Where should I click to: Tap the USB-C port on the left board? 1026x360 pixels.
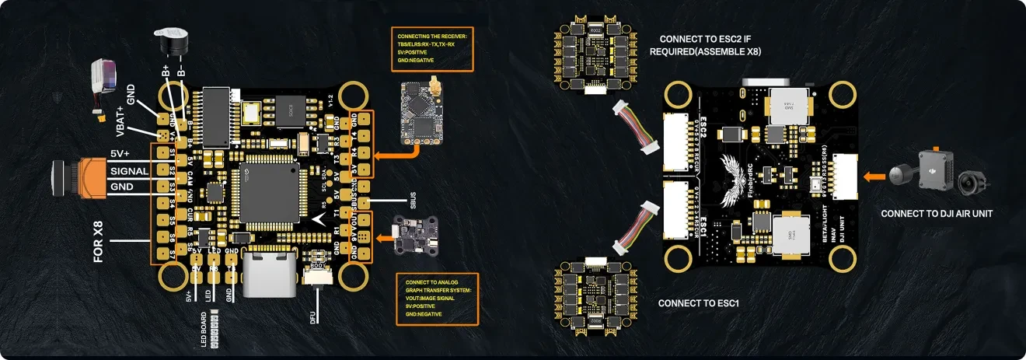tap(269, 274)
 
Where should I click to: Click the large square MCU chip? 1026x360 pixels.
tap(269, 191)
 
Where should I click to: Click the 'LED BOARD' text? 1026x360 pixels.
tap(203, 320)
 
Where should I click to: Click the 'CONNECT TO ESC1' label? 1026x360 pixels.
tap(696, 303)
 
